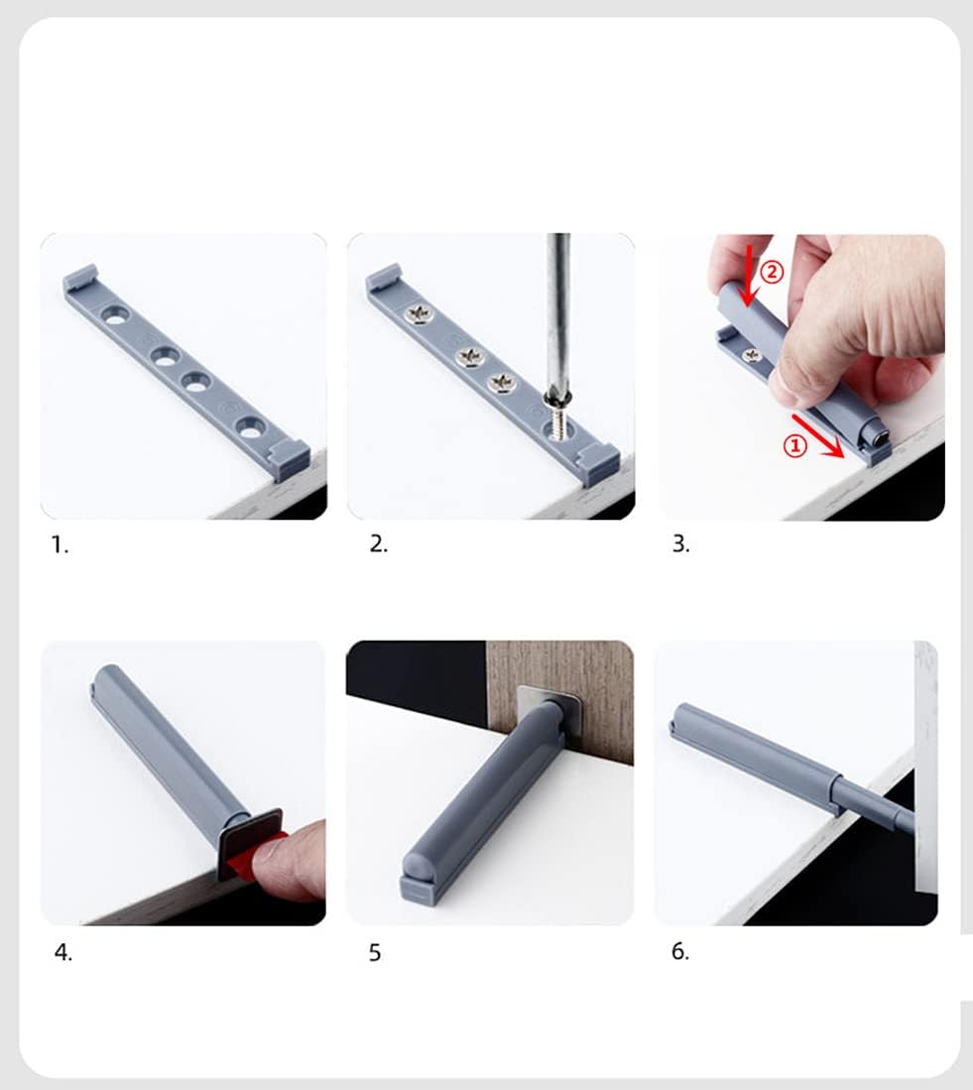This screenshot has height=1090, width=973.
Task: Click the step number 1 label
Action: [61, 545]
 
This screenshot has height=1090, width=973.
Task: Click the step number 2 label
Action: [378, 545]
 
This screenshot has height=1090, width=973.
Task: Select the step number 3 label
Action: [680, 545]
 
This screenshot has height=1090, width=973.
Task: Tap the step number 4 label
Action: [62, 952]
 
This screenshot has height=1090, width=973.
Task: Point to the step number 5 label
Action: [375, 953]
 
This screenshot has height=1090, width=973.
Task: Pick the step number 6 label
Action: [679, 951]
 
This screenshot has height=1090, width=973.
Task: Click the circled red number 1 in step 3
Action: [794, 447]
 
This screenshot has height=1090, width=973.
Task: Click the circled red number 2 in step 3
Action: [773, 271]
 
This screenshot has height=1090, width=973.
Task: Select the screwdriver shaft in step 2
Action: [559, 307]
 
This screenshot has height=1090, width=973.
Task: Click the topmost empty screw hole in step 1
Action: [117, 316]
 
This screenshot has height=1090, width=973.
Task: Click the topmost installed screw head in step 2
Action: [419, 315]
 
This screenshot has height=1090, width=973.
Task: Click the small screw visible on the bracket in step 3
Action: [752, 354]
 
